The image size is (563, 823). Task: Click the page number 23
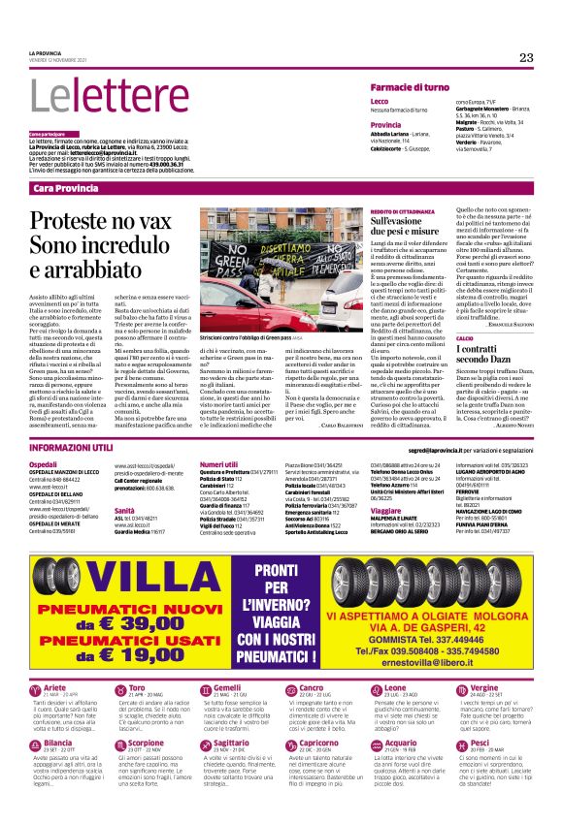[526, 58]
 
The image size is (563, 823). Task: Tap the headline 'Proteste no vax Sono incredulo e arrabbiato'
[99, 242]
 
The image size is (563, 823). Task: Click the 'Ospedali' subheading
[44, 465]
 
